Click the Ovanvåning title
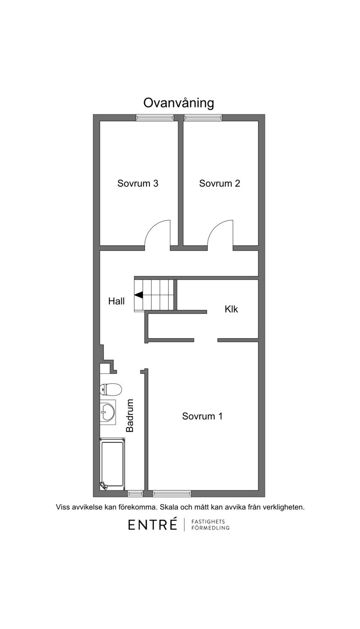pos(179,104)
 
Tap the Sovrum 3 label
pos(138,183)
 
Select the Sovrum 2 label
pos(220,183)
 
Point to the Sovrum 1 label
pos(202,416)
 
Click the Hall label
pos(117,301)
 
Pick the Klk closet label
pos(231,309)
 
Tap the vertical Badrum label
pos(130,416)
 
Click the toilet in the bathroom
pos(111,389)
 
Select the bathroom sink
pos(108,412)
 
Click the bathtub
pos(112,464)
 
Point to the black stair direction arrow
pos(139,295)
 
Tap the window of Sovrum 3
pos(155,118)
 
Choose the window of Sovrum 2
pos(203,118)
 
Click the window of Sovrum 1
pos(172,493)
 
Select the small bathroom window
pos(135,493)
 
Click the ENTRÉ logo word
pos(153,524)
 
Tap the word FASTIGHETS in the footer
pos(208,521)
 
